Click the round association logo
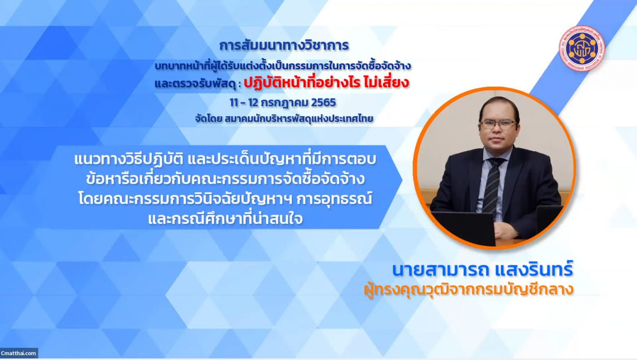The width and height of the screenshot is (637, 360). pos(582,48)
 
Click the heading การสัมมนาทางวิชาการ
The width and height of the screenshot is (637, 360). pos(284,46)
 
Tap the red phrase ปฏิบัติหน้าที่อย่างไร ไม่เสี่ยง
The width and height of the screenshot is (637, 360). pos(327,82)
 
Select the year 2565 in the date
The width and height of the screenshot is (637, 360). pos(324,102)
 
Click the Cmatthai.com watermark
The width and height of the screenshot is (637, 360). pos(19,353)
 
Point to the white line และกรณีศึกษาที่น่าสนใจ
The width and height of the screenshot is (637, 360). pos(225,219)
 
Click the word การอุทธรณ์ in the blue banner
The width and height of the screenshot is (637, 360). pos(334,199)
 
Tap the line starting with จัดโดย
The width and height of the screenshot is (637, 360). pos(284,119)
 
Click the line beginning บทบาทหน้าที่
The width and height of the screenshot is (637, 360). pos(283,66)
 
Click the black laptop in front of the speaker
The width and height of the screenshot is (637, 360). pos(464,228)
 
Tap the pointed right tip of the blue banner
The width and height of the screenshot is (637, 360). pos(402,179)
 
